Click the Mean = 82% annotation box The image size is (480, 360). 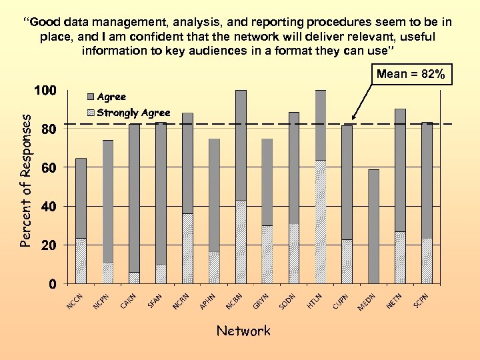tap(411, 74)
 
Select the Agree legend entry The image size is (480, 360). tap(111, 97)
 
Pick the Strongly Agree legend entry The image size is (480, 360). tap(133, 113)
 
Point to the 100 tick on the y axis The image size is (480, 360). tap(45, 90)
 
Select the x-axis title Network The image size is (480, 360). tap(243, 331)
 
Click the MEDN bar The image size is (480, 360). tap(373, 226)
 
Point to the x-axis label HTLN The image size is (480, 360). tap(315, 301)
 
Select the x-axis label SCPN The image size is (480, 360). tap(421, 301)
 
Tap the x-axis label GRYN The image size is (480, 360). tap(261, 301)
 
